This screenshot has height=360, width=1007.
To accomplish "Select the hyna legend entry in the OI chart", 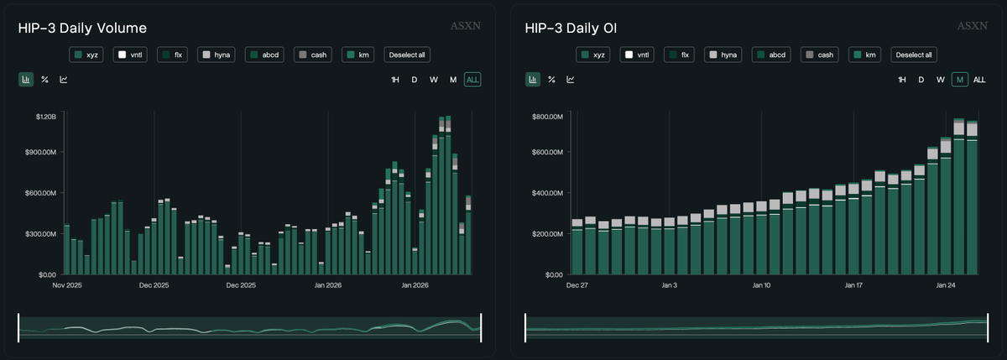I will click(723, 55).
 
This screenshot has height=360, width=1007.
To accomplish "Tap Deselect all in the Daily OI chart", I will click(913, 55).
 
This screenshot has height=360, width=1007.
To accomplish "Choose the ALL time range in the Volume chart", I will click(473, 80).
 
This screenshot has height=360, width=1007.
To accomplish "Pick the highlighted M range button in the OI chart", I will click(959, 80).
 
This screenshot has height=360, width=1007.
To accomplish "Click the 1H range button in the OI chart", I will click(901, 80).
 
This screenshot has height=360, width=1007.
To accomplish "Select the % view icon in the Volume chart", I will click(44, 80).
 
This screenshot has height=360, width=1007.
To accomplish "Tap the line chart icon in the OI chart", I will click(570, 80).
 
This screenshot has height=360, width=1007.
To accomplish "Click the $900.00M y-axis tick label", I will click(39, 153).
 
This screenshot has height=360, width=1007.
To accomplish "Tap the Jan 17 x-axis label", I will click(853, 285).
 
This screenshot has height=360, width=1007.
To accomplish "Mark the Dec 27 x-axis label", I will click(577, 285).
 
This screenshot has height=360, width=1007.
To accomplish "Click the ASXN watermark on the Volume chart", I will click(467, 26).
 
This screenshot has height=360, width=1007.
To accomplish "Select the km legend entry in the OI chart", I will click(865, 55).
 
